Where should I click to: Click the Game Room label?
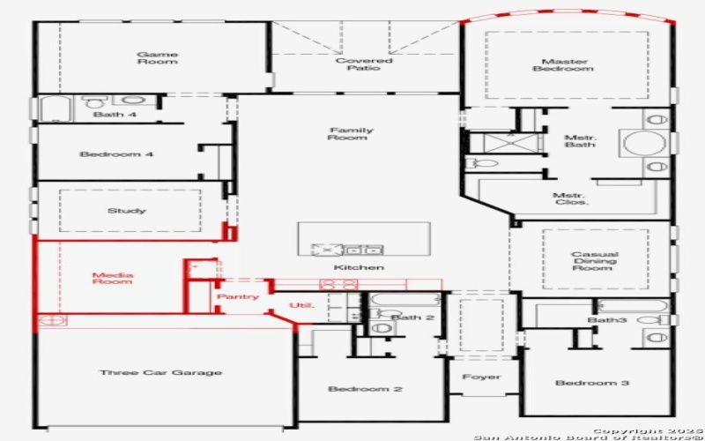click(157, 58)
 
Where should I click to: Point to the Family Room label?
click(351, 134)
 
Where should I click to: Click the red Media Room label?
click(113, 279)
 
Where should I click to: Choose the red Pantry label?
click(238, 297)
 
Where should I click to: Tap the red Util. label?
click(301, 306)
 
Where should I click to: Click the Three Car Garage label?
click(160, 373)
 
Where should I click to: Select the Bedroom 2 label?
click(366, 389)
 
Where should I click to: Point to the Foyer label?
click(481, 377)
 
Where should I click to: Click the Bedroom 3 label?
click(592, 383)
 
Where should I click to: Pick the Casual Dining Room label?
click(594, 260)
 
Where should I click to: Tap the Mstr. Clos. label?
click(571, 199)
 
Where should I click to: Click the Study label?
click(127, 211)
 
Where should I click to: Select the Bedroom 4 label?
click(116, 154)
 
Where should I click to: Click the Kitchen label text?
click(359, 267)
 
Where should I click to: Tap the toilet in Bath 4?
click(94, 102)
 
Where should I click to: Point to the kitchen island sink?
click(363, 249)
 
